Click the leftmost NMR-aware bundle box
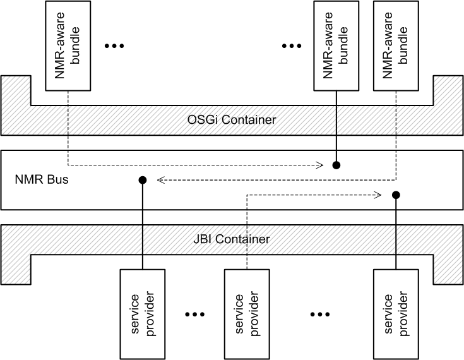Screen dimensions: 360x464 coord(69,44)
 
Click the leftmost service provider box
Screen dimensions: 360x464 coord(142,313)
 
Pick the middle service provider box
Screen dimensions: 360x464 coord(247,313)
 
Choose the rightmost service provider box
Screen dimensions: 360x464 coord(396,313)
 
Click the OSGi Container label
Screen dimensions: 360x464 coord(232,119)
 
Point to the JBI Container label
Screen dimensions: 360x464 coord(232,239)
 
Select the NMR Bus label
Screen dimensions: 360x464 coord(41,179)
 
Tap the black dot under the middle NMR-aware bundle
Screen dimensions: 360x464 coord(336,165)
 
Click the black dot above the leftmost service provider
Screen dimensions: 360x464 coord(142,180)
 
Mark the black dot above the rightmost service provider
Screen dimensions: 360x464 coord(396,195)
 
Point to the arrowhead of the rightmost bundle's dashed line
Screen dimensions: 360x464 coord(160,180)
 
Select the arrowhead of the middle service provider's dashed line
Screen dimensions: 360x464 coord(381,195)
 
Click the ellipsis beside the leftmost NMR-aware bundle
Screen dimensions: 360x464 coord(116,46)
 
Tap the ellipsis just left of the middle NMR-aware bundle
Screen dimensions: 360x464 coord(292,46)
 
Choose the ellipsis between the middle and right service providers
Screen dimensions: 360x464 coord(321,314)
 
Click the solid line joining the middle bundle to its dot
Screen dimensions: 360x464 coord(336,126)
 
